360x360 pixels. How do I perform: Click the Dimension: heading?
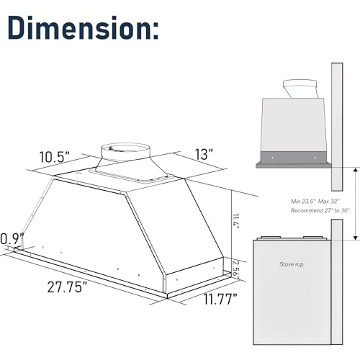(x=83, y=27)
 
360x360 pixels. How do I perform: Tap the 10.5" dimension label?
(x=55, y=157)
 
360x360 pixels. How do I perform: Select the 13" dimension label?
(x=204, y=154)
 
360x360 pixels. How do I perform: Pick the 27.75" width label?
(x=67, y=287)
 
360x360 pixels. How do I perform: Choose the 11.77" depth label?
(x=220, y=299)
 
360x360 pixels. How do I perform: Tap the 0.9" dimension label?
(x=12, y=238)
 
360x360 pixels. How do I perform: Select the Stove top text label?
(x=292, y=264)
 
